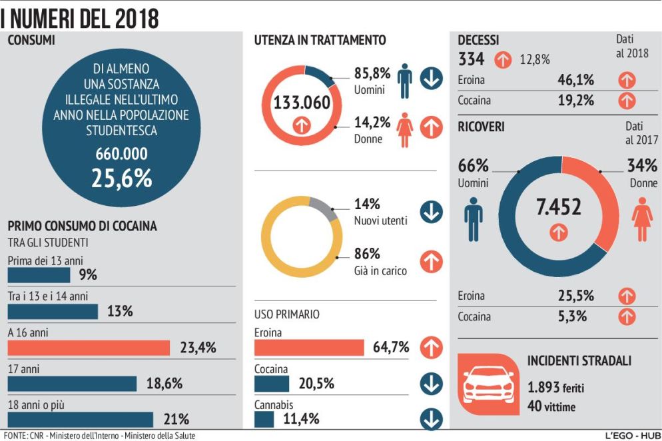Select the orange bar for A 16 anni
tap(89, 347)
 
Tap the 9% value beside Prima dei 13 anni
tap(87, 274)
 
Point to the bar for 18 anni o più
tap(80, 419)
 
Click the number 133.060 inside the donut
tap(302, 103)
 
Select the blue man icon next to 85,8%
tap(404, 81)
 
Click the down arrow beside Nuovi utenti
tap(432, 212)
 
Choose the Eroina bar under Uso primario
tap(309, 347)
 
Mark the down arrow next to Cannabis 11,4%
tap(432, 420)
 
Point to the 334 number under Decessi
tap(472, 59)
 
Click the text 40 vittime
tap(551, 406)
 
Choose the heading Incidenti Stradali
tap(579, 361)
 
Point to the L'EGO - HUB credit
tap(631, 436)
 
